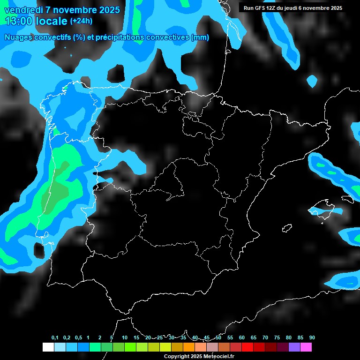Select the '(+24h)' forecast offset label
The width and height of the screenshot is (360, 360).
pyautogui.click(x=81, y=21)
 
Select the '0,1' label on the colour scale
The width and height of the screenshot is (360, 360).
pyautogui.click(x=54, y=338)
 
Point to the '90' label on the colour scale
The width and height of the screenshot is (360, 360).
pyautogui.click(x=312, y=338)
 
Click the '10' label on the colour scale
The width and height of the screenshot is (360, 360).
pyautogui.click(x=125, y=338)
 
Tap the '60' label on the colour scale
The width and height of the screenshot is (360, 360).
pyautogui.click(x=242, y=338)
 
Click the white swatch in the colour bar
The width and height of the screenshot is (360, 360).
pyautogui.click(x=48, y=347)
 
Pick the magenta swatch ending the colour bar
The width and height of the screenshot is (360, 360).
pyautogui.click(x=306, y=347)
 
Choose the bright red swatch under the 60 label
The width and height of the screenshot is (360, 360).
pyautogui.click(x=247, y=347)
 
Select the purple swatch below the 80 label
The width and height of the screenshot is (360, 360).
pyautogui.click(x=294, y=347)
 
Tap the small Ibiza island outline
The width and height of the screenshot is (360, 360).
pyautogui.click(x=286, y=228)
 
